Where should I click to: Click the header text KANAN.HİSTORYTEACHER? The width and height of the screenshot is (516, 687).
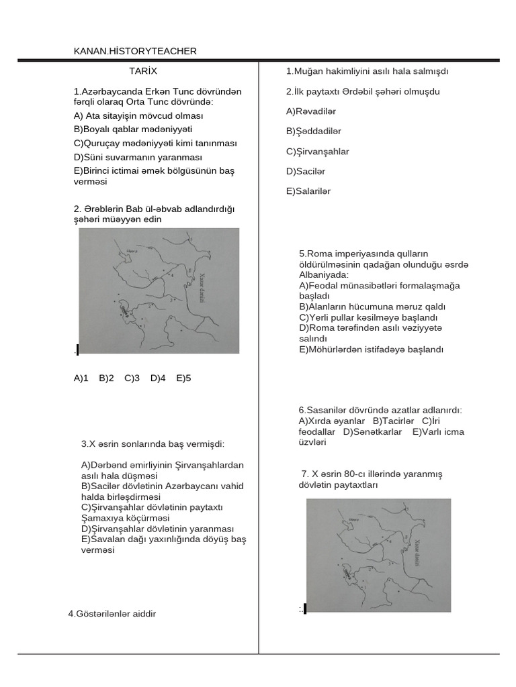pyautogui.click(x=135, y=51)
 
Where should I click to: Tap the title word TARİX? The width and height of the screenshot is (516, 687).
pyautogui.click(x=143, y=70)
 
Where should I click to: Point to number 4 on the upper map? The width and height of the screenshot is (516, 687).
pyautogui.click(x=172, y=275)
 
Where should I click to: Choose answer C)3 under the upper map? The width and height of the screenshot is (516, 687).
pyautogui.click(x=132, y=378)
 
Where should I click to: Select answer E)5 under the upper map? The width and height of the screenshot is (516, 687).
pyautogui.click(x=183, y=378)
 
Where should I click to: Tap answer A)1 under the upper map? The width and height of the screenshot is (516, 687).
pyautogui.click(x=81, y=378)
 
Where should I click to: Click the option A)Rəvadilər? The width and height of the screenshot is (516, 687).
pyautogui.click(x=310, y=111)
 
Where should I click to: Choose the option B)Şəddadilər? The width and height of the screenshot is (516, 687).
pyautogui.click(x=314, y=131)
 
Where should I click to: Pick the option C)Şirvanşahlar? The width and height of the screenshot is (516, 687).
pyautogui.click(x=317, y=152)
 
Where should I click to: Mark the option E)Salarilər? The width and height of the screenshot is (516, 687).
pyautogui.click(x=308, y=191)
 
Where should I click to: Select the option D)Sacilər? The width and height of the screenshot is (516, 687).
pyautogui.click(x=306, y=172)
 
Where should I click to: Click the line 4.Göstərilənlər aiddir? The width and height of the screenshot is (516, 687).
pyautogui.click(x=112, y=613)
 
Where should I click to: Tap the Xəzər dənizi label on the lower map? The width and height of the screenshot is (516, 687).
pyautogui.click(x=417, y=553)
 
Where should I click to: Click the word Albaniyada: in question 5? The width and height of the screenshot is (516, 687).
pyautogui.click(x=323, y=275)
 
